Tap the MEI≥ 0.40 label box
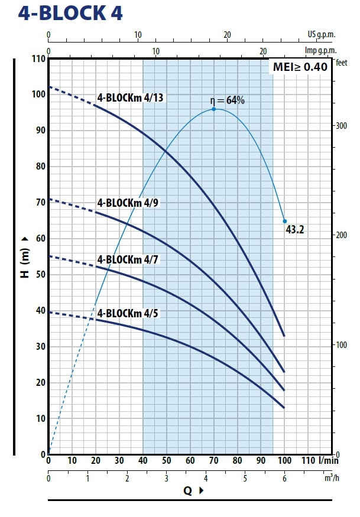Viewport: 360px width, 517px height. click(x=300, y=67)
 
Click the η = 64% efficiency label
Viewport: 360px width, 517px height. click(x=228, y=100)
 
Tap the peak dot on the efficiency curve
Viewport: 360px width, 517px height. click(x=213, y=109)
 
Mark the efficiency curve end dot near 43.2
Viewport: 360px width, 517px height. click(x=284, y=221)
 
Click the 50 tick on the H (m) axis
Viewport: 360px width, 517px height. click(x=40, y=275)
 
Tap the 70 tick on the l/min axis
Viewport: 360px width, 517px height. click(x=213, y=461)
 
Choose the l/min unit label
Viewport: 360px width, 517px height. click(x=329, y=461)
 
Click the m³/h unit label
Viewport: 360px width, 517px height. click(x=332, y=478)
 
